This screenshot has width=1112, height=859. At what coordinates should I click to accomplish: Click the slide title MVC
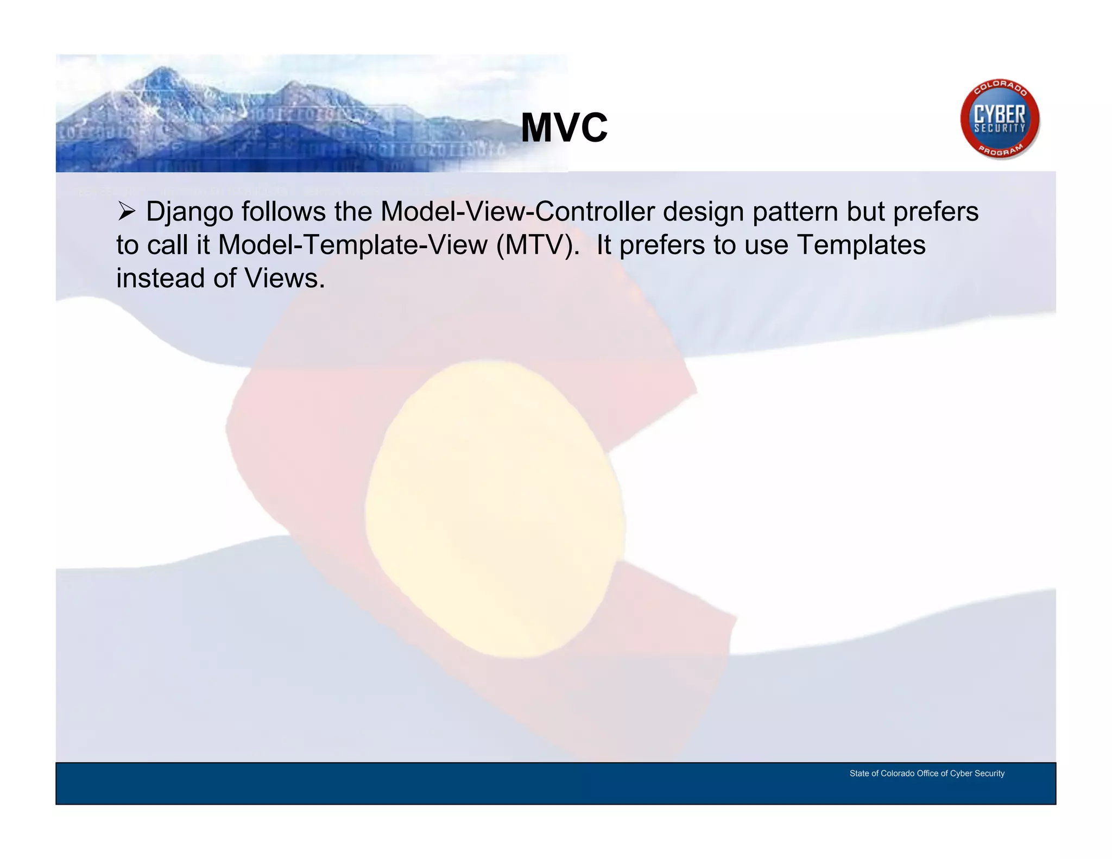564,128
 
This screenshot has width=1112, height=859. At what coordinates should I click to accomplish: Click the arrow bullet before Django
126,211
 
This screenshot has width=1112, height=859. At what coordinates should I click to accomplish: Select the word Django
189,212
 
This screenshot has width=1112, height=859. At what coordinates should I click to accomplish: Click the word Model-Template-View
352,245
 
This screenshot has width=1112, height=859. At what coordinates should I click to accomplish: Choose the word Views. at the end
285,278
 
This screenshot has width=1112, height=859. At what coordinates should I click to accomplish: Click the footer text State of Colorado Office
927,773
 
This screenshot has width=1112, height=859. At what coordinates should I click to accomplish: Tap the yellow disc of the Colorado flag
494,508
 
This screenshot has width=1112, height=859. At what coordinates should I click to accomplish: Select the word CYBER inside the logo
1000,115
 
